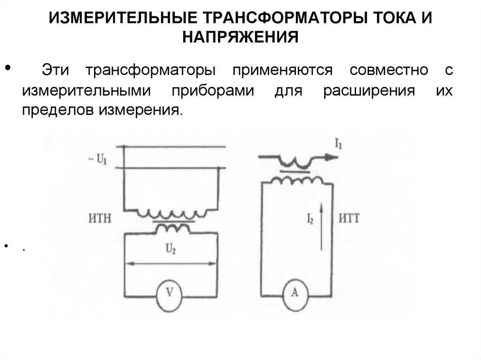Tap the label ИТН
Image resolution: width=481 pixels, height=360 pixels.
100,219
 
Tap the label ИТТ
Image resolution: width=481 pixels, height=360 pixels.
349,218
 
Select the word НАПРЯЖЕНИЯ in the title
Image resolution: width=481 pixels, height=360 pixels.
240,37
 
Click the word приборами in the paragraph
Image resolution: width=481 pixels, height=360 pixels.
212,91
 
